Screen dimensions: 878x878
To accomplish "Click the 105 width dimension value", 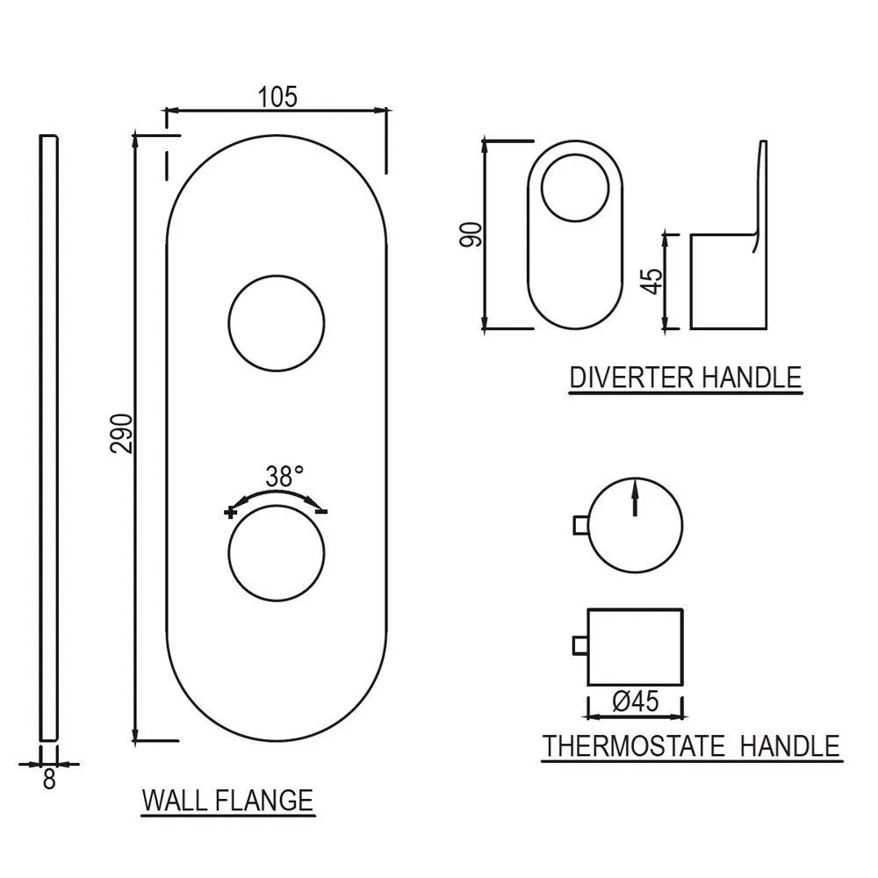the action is pyautogui.click(x=277, y=97).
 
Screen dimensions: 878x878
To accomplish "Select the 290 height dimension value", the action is pyautogui.click(x=122, y=434).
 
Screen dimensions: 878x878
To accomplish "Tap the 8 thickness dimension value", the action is pyautogui.click(x=49, y=779).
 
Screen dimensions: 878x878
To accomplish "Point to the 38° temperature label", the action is pyautogui.click(x=285, y=477).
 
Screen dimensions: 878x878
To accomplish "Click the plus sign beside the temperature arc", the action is pyautogui.click(x=230, y=513).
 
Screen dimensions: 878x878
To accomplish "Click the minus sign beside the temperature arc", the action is pyautogui.click(x=321, y=511).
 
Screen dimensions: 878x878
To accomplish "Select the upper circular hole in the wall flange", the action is pyautogui.click(x=277, y=323).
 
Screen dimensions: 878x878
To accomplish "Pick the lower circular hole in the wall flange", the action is pyautogui.click(x=277, y=553).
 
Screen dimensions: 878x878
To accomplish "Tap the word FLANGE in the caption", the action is pyautogui.click(x=264, y=801).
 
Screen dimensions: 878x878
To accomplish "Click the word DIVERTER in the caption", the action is pyautogui.click(x=631, y=378).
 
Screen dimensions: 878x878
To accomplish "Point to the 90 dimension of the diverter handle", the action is pyautogui.click(x=471, y=234).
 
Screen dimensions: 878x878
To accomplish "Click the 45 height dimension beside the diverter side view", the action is pyautogui.click(x=653, y=282).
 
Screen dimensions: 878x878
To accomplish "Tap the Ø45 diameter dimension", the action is pyautogui.click(x=636, y=701).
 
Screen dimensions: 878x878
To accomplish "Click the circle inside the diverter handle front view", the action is pyautogui.click(x=575, y=188).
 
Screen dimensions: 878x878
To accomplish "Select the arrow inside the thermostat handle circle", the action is pyautogui.click(x=635, y=497).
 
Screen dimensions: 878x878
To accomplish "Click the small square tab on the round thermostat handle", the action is pyautogui.click(x=580, y=526).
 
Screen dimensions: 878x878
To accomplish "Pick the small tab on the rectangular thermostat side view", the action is pyautogui.click(x=580, y=645).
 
